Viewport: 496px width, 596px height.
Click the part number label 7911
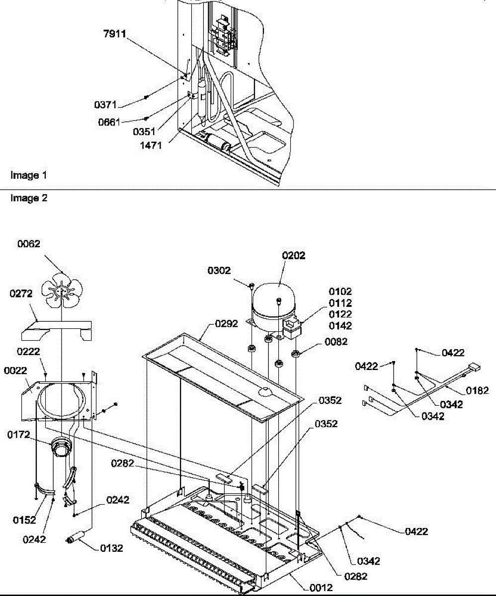point(115,34)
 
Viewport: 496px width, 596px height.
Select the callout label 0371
point(105,105)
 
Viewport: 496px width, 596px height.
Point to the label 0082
point(336,342)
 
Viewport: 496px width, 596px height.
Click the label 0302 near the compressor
point(220,271)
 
